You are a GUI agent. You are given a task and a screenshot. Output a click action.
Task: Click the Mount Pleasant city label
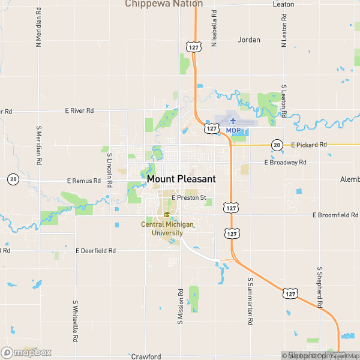(x=181, y=179)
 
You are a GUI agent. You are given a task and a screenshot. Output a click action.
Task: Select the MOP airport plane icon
(x=233, y=121)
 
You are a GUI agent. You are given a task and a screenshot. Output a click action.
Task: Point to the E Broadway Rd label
(x=286, y=163)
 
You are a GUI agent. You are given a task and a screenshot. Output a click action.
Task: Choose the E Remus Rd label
(x=84, y=180)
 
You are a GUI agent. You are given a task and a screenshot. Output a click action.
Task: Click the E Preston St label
(x=188, y=197)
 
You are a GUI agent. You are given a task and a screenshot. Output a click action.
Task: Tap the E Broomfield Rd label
(x=335, y=215)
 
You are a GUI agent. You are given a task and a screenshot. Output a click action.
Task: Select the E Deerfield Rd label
(x=95, y=250)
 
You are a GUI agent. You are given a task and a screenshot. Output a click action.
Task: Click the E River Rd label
(x=80, y=110)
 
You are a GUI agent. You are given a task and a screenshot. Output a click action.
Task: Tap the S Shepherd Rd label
(x=320, y=287)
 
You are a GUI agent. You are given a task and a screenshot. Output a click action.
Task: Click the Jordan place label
(x=249, y=40)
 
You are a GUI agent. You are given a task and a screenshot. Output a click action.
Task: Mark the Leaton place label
(x=283, y=4)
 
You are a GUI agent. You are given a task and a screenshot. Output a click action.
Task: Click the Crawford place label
(x=146, y=356)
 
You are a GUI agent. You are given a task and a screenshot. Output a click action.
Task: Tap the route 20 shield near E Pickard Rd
(x=277, y=145)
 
